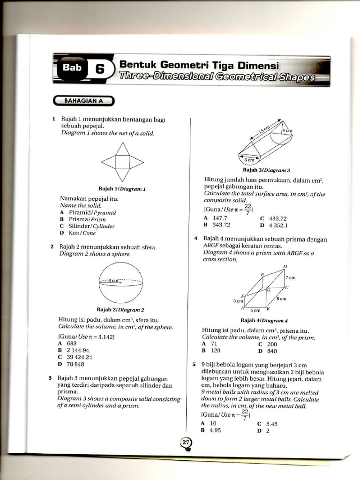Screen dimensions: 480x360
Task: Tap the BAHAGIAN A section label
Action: (84, 100)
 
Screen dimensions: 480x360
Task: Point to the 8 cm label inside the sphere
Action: (114, 280)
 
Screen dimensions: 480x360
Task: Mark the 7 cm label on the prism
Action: (290, 277)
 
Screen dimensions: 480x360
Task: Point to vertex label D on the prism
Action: (285, 267)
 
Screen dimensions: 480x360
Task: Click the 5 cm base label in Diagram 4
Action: (255, 310)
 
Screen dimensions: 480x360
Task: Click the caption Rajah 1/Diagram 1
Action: (122, 189)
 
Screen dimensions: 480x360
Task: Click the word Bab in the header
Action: (72, 67)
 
